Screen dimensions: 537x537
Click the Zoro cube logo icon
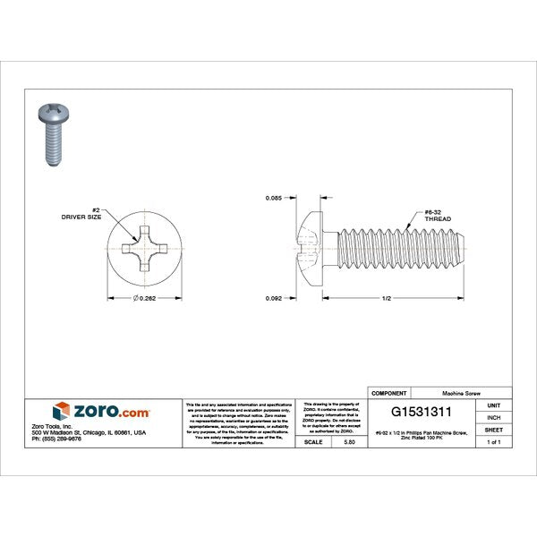click(60, 411)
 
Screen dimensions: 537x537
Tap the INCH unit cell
click(494, 417)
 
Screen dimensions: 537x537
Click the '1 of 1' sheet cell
click(494, 442)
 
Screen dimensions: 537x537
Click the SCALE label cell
click(313, 442)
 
